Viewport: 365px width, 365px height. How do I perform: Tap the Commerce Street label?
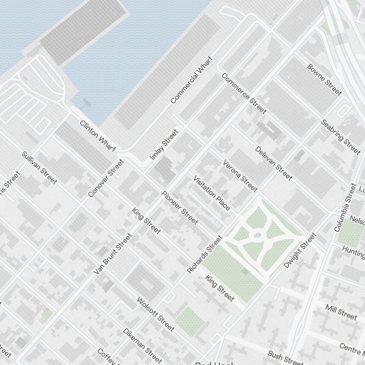pos(244,93)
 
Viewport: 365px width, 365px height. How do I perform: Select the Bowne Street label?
pos(324,80)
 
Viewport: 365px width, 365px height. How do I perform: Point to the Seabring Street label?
pos(341,137)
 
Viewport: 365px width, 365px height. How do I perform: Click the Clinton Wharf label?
pos(97,136)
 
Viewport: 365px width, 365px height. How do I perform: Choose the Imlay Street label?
pos(164,145)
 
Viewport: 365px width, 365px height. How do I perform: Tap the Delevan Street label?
pos(273,163)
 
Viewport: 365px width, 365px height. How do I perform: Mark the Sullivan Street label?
pos(39,168)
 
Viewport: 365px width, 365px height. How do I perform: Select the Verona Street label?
pos(240,176)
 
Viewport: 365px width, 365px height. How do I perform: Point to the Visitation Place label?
pos(212,193)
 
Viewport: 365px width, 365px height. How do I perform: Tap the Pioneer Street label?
pos(180,208)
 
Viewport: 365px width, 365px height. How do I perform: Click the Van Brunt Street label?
pos(112,254)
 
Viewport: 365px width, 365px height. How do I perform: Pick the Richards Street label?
pos(204,254)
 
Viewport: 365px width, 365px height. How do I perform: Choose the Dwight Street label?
pos(299,250)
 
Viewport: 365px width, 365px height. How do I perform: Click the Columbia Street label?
pos(345,208)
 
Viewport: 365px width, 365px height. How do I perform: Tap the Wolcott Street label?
pos(155,314)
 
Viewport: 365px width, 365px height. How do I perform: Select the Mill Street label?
pos(341,312)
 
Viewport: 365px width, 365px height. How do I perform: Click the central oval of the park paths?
pos(257,235)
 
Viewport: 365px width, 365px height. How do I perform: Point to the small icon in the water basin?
pos(85,103)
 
